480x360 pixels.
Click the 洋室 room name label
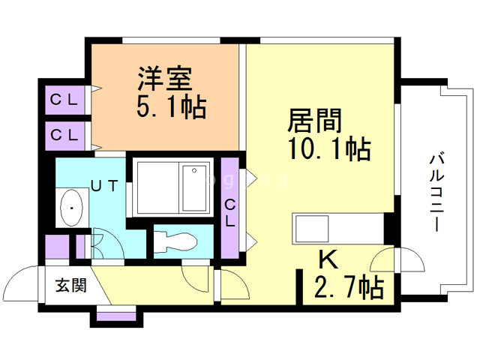[165, 78]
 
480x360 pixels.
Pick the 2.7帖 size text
[352, 286]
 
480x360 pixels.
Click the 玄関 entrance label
[70, 285]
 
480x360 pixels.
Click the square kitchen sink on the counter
[310, 226]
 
